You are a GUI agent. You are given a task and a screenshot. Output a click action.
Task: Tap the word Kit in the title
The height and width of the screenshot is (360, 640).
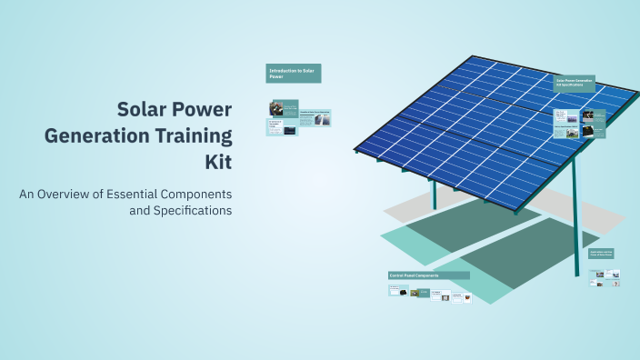[218, 164]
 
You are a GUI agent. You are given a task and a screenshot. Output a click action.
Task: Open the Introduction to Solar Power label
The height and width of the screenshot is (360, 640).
[293, 73]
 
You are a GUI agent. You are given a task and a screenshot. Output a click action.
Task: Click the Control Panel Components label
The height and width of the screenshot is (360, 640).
[428, 275]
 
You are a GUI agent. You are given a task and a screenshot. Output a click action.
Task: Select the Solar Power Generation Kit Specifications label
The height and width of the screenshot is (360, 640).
[574, 83]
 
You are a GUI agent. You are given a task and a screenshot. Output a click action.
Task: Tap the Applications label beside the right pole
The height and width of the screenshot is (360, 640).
[601, 254]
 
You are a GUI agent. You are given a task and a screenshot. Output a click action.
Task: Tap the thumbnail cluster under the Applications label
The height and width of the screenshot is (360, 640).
[604, 278]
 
